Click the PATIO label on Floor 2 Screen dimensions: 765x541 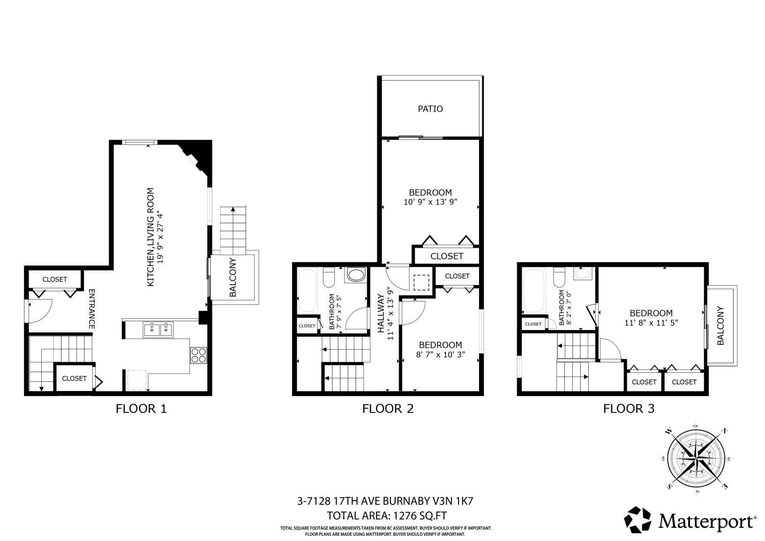tap(430, 109)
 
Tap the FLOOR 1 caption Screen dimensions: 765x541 tap(141, 408)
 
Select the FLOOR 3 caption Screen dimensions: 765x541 tap(629, 408)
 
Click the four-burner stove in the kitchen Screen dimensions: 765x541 tap(198, 355)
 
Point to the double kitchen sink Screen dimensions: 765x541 tap(158, 330)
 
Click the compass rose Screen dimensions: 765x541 tap(696, 458)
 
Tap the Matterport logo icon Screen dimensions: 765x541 tap(637, 519)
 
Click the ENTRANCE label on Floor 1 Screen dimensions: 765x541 tap(91, 309)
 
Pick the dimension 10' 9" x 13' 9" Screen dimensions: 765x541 tap(430, 202)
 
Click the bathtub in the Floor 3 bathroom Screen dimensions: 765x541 tap(533, 291)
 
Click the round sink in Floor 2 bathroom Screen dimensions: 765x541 tap(356, 275)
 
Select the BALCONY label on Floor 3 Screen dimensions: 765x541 tap(720, 326)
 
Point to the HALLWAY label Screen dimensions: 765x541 tap(381, 314)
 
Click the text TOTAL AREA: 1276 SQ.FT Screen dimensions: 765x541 tap(387, 515)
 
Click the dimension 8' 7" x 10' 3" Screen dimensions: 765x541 tap(441, 354)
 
